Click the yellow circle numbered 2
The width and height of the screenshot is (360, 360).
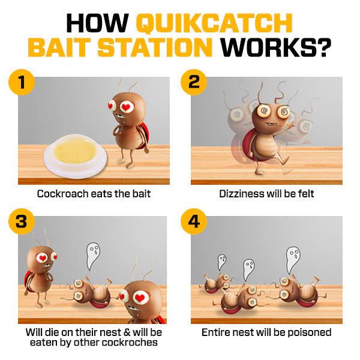click(x=194, y=82)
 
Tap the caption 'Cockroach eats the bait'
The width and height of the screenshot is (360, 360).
click(x=94, y=194)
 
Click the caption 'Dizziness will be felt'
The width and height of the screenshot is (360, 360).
click(x=266, y=194)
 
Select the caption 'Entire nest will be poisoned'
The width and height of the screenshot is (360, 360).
click(x=266, y=332)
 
